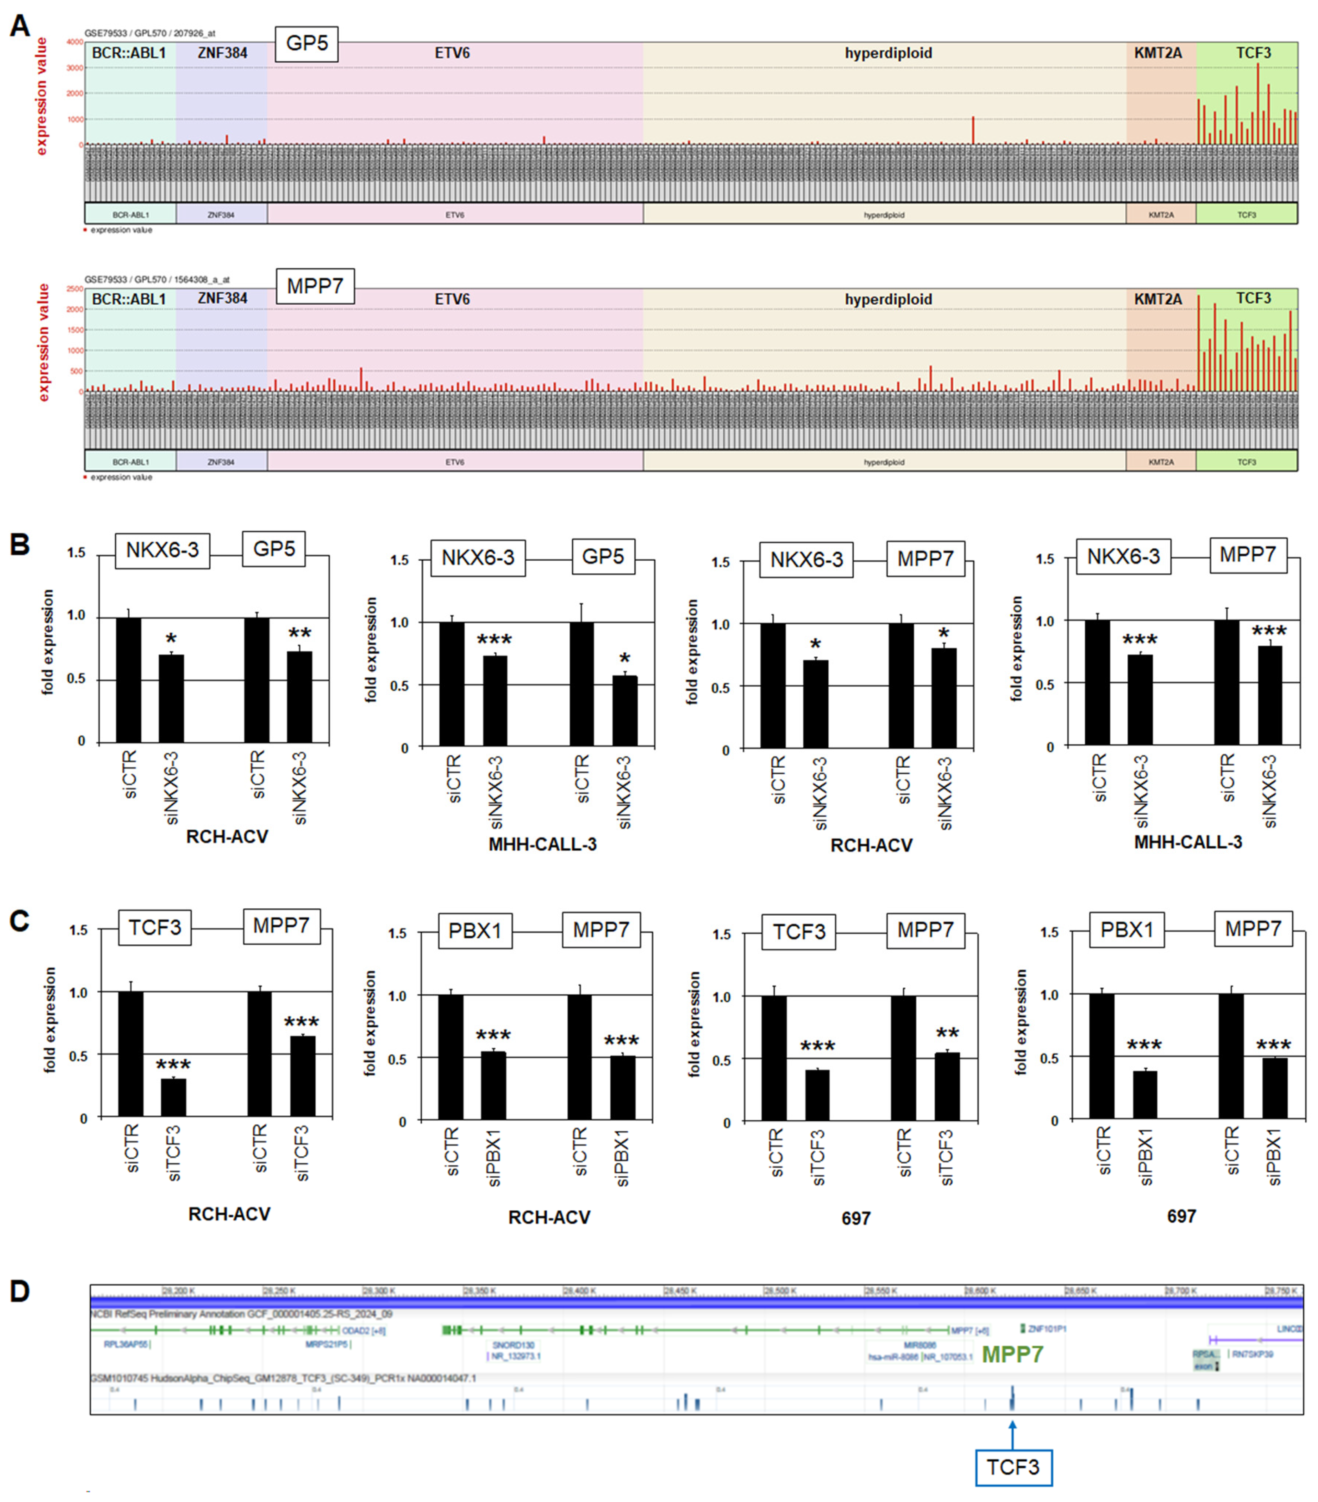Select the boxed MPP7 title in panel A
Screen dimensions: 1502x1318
[x=314, y=286]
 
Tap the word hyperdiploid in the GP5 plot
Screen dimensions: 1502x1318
[x=888, y=53]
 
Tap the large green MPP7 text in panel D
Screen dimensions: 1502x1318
[x=1012, y=1354]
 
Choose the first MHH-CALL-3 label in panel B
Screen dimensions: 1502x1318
[x=542, y=844]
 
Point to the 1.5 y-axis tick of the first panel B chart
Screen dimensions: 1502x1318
[x=76, y=553]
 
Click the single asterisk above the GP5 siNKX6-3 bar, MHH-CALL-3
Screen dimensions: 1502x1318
[x=625, y=658]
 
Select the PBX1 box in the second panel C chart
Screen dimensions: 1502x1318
[x=475, y=931]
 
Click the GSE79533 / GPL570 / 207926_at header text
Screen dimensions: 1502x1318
[x=150, y=33]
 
